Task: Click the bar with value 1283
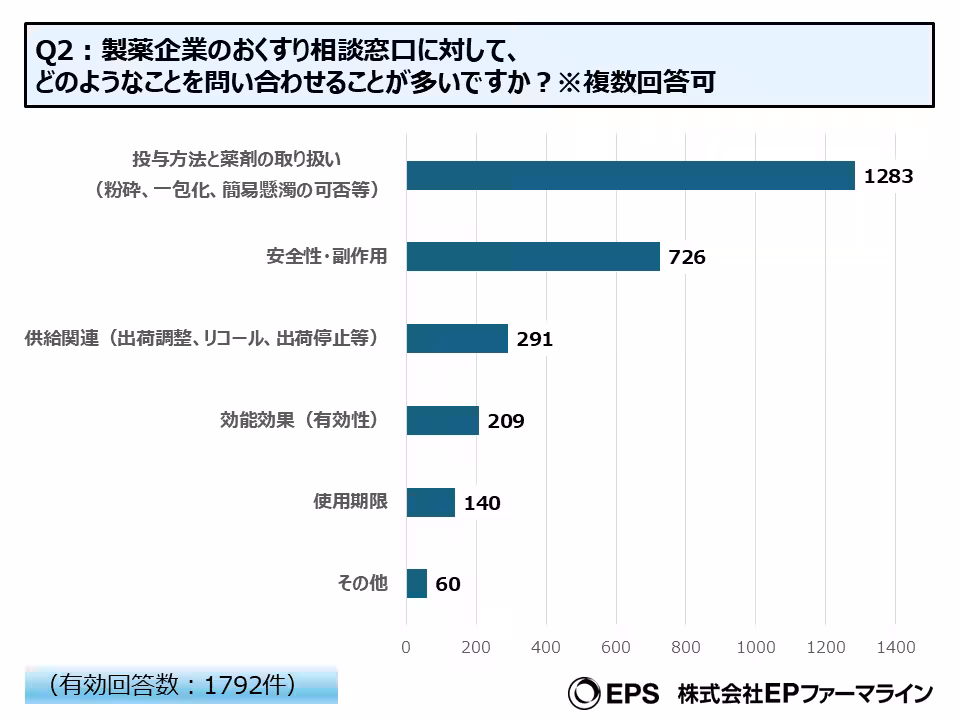630,175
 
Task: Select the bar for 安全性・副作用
533,257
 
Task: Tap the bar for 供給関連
457,338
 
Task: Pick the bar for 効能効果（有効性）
443,420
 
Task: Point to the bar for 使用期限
431,502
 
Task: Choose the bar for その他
417,583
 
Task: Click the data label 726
687,258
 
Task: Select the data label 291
535,340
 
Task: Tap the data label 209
506,421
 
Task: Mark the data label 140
482,503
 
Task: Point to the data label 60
448,584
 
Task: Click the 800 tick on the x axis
686,648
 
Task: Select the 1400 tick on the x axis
895,648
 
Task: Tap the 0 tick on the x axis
406,648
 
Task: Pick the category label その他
362,583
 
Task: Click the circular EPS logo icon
583,692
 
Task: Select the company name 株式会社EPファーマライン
804,692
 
